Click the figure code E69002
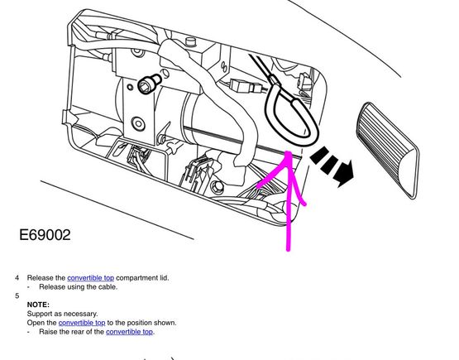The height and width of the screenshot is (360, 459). [x=45, y=235]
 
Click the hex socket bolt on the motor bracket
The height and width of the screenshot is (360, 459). [x=146, y=84]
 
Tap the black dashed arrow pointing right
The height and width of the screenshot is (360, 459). [x=332, y=166]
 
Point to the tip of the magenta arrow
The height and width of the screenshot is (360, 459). [x=289, y=151]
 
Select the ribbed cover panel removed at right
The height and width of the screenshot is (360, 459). [x=388, y=151]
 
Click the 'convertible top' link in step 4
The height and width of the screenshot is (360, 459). [x=90, y=278]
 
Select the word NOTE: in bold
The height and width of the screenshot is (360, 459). [x=38, y=305]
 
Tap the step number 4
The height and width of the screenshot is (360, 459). [x=17, y=278]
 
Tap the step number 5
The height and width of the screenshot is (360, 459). [x=17, y=295]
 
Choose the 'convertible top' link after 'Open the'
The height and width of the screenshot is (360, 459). [x=82, y=323]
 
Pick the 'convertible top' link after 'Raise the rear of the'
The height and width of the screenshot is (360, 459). [x=129, y=332]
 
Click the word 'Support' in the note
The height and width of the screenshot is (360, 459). [x=39, y=314]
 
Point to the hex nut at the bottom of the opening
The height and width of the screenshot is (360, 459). [x=218, y=186]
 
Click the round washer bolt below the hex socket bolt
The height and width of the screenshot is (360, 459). [x=138, y=124]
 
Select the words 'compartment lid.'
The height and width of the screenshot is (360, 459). [x=142, y=278]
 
